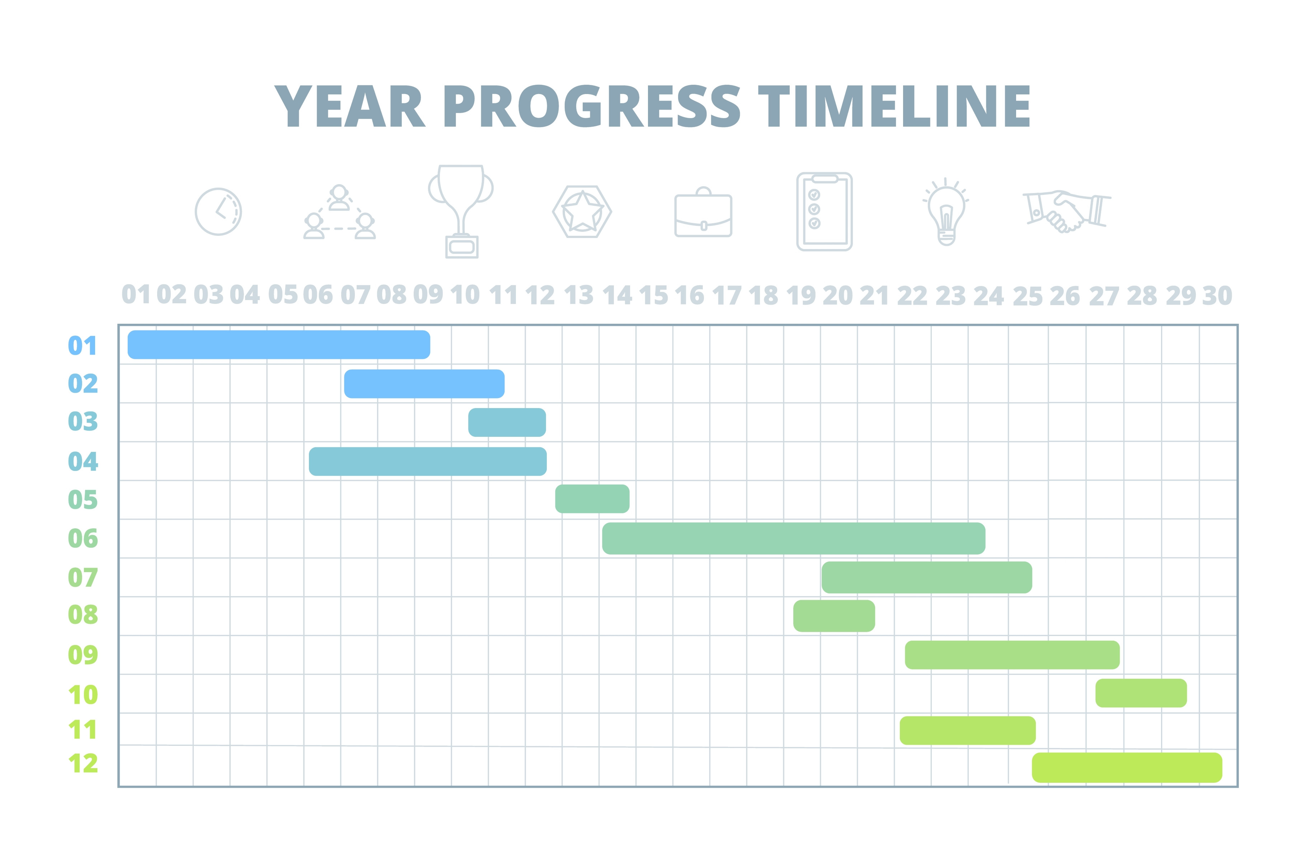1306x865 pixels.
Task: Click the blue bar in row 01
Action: pos(278,345)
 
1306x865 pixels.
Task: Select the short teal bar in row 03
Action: pos(507,422)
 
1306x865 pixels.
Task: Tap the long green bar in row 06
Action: pos(793,538)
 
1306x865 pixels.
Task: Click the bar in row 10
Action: pos(1141,693)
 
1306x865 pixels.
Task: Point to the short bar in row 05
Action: pos(592,499)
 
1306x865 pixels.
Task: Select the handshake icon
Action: pos(1066,211)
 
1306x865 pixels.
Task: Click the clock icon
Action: pos(218,212)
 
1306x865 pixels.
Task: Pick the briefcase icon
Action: pos(703,213)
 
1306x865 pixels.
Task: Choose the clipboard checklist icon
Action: pos(824,212)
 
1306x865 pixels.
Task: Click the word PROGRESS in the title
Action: pos(592,107)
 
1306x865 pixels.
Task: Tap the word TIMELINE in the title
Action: pos(894,107)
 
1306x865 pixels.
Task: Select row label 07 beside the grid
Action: pos(83,578)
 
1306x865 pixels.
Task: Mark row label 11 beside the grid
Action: pos(83,730)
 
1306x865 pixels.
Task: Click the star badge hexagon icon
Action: pos(582,212)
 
